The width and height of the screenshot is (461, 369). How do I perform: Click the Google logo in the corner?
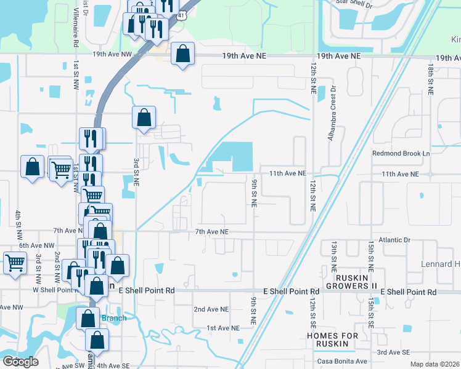tap(20, 362)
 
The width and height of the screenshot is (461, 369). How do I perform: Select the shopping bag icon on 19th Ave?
tap(182, 54)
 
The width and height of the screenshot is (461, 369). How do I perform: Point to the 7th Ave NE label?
tap(211, 232)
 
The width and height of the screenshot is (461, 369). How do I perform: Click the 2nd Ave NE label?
tap(211, 309)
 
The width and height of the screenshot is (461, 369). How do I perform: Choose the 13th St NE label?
tap(333, 256)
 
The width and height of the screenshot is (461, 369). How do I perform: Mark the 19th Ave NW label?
tap(112, 54)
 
